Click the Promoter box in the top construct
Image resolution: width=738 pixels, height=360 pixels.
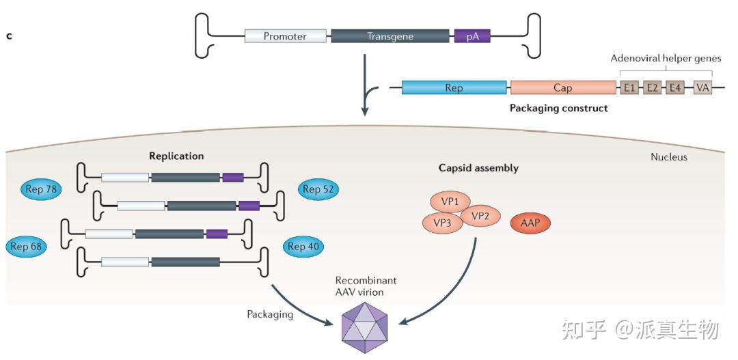click(285, 36)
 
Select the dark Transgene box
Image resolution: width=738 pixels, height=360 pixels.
click(390, 36)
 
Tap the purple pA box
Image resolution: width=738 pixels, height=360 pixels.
click(472, 36)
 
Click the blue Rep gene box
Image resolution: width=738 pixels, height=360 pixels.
click(454, 87)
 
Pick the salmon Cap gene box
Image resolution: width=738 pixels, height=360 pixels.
click(562, 87)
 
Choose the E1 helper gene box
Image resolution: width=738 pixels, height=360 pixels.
click(629, 87)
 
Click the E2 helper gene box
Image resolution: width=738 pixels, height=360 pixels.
click(652, 87)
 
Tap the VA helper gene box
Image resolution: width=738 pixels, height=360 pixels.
click(702, 87)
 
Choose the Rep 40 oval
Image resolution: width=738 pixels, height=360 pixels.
click(305, 247)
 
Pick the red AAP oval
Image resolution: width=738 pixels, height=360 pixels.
click(530, 223)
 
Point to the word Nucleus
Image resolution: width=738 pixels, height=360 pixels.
click(668, 157)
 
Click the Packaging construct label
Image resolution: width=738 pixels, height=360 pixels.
click(558, 108)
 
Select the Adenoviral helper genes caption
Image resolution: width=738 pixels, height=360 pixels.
click(666, 59)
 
